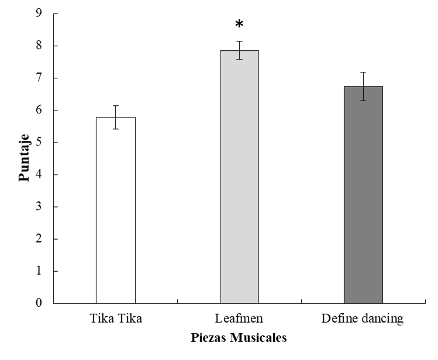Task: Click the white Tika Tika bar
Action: point(115,210)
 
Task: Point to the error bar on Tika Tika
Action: point(116,117)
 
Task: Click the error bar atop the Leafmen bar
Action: point(239,50)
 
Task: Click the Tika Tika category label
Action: point(116,320)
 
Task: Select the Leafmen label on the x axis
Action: point(239,320)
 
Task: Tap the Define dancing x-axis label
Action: point(363,320)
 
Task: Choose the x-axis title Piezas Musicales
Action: point(239,338)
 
